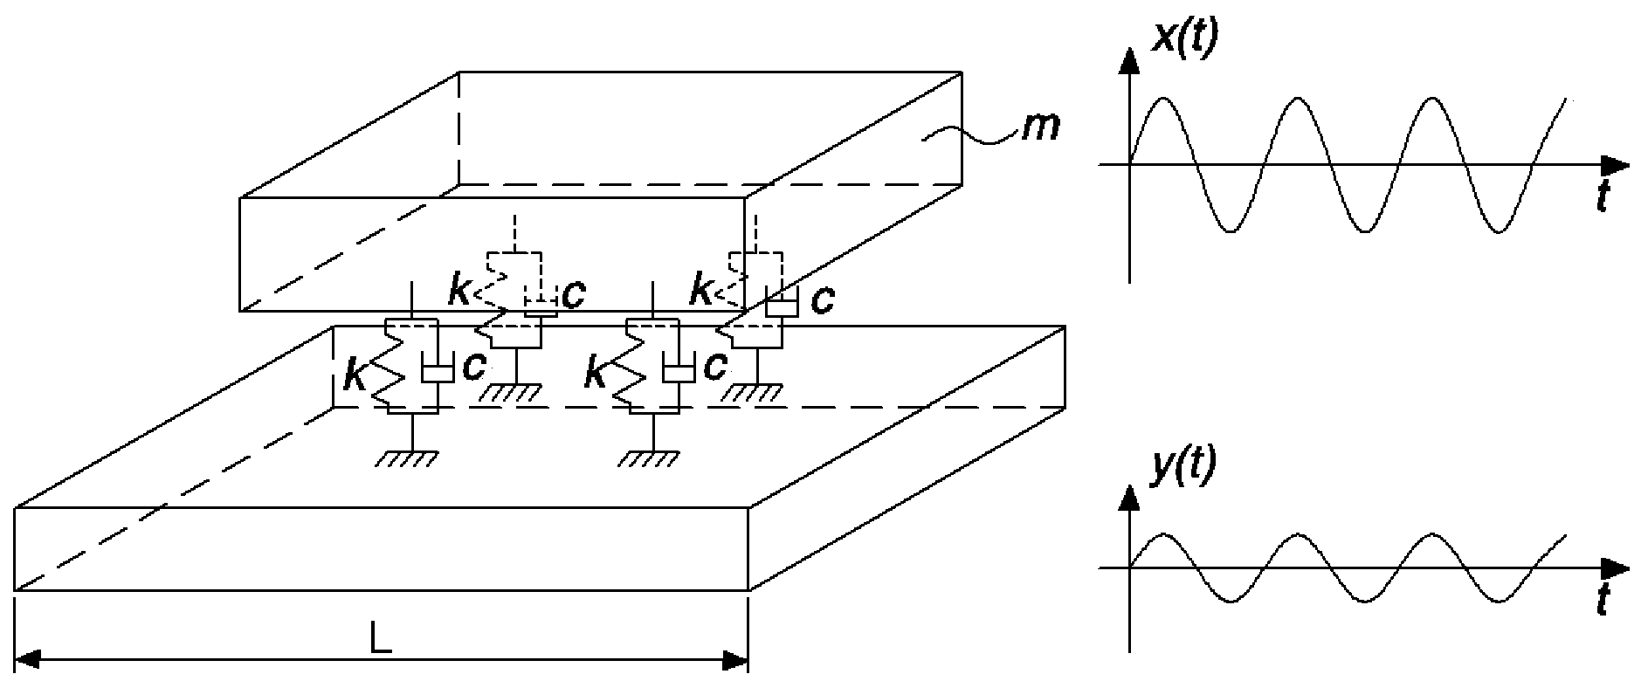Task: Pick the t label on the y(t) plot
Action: point(1603,603)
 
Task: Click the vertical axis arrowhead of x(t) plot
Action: point(1130,59)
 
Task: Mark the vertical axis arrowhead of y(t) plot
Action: point(1130,499)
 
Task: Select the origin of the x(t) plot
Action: point(1130,164)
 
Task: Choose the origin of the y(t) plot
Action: point(1130,568)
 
